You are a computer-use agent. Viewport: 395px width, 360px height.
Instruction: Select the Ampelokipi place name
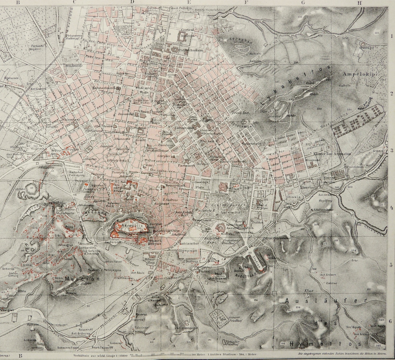pos(364,75)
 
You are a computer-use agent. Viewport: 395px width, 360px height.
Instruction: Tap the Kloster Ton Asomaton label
pos(332,154)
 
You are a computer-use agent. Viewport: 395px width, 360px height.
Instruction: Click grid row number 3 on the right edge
pos(391,150)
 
